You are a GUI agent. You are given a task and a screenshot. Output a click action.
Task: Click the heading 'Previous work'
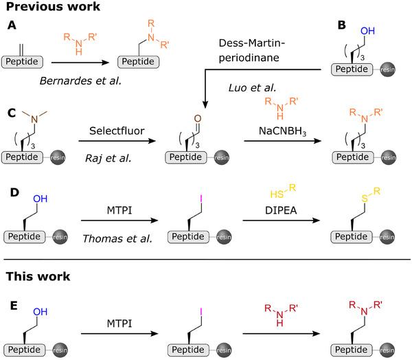(x=52, y=8)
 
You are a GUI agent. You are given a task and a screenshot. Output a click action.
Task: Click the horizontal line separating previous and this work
(x=206, y=260)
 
